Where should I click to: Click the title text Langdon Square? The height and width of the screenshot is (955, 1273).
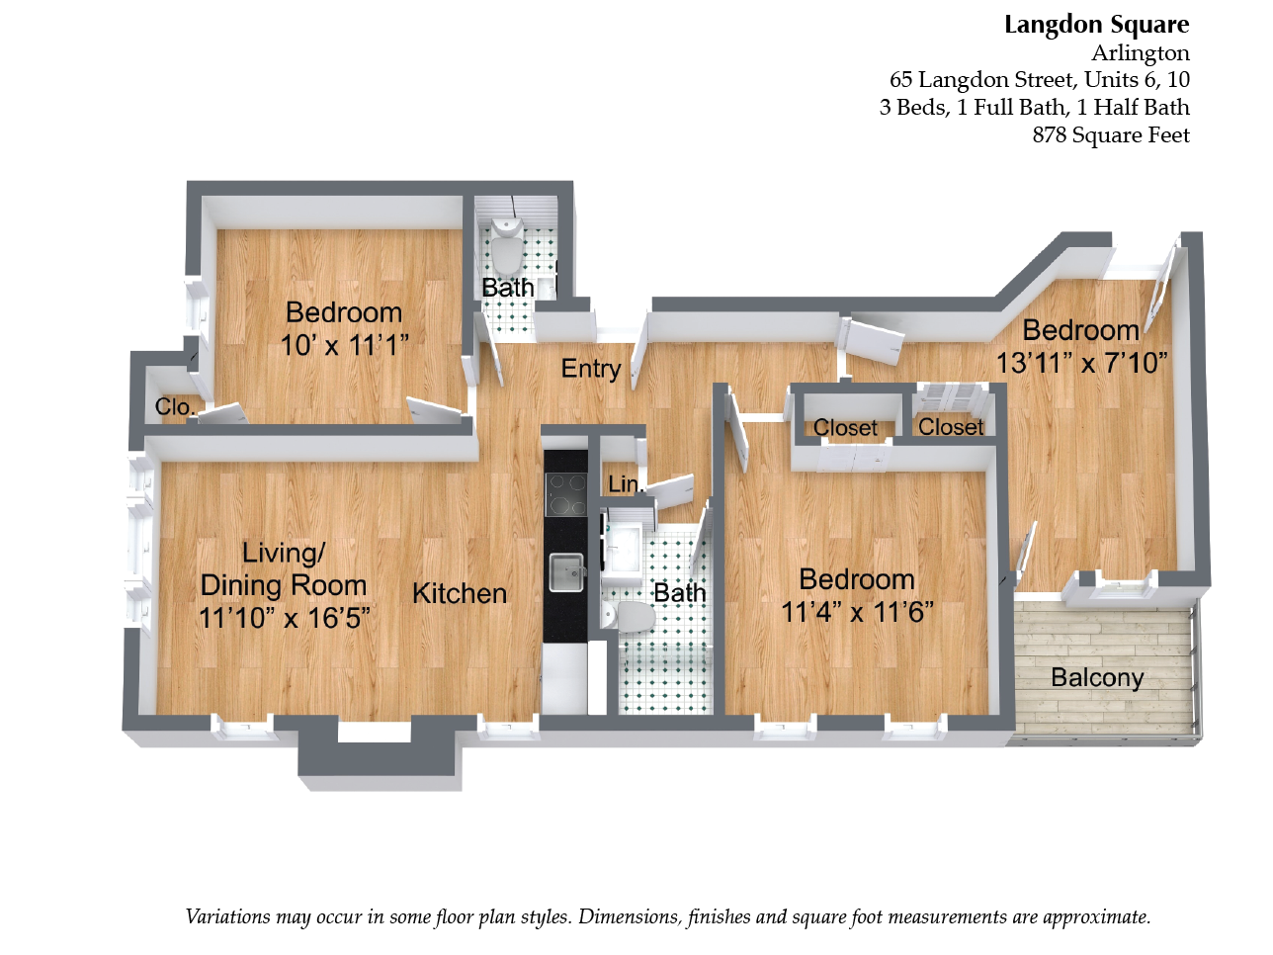coord(1096,25)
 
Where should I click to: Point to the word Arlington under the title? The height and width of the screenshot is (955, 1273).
coord(1140,53)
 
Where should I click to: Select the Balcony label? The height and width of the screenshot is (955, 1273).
coord(1097,678)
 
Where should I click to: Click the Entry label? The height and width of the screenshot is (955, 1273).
coord(591,369)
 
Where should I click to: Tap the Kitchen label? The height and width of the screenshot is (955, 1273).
coord(460,593)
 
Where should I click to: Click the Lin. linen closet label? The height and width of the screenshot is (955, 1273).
coord(625,484)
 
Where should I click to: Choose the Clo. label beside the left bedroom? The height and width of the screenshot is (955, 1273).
coord(175,407)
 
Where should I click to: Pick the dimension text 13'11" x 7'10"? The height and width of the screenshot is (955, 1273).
coord(1081,364)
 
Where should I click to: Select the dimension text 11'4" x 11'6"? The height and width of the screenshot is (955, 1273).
coord(857,613)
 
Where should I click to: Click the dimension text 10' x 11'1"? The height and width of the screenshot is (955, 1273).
coord(344,346)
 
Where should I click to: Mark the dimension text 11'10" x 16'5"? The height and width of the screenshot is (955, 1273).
coord(285,619)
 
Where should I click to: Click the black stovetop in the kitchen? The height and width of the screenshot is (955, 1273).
coord(566,494)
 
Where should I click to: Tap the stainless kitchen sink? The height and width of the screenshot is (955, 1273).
coord(566,570)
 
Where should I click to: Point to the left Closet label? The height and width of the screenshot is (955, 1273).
coord(845,428)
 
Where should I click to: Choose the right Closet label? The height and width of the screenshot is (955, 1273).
coord(951,427)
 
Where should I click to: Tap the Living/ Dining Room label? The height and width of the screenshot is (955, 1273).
coord(284,569)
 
